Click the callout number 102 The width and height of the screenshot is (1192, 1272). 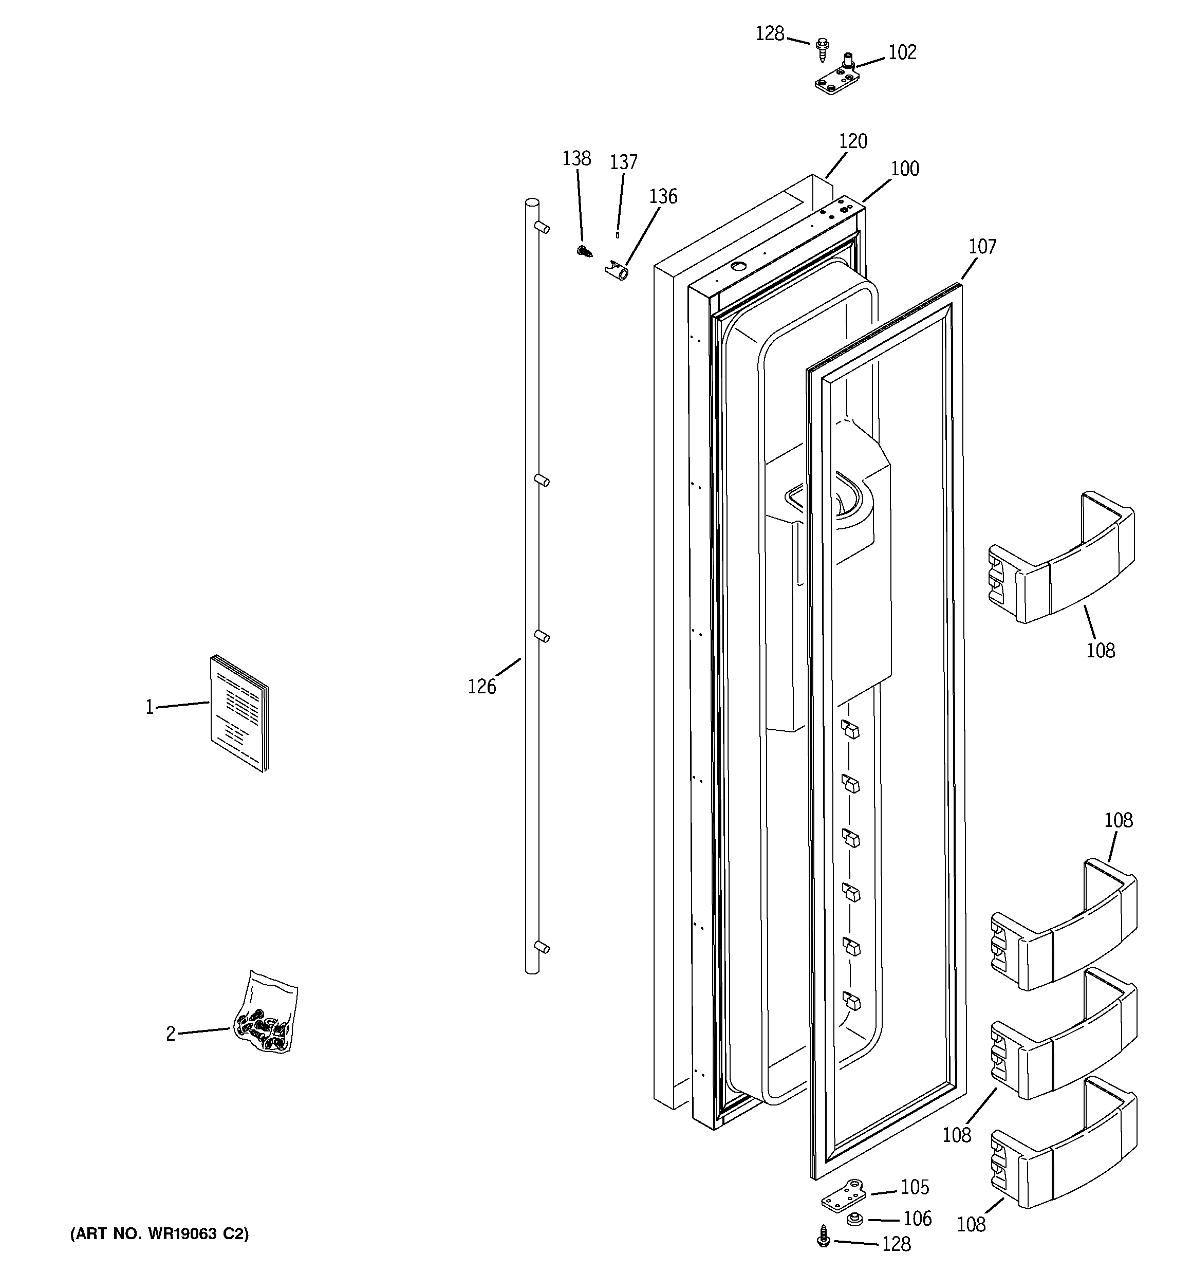coord(902,52)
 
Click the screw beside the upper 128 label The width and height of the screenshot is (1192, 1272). coord(822,49)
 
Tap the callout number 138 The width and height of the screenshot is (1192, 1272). coord(576,158)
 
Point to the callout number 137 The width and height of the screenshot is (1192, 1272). coord(623,162)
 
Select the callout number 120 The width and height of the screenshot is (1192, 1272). coord(852,141)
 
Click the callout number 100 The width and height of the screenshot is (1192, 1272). coord(905,169)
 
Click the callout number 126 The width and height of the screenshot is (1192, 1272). coord(482,687)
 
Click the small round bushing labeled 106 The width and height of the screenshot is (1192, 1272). coord(853,1219)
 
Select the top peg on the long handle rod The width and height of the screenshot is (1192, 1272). coord(542,227)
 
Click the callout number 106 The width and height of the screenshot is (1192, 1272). coord(917,1219)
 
